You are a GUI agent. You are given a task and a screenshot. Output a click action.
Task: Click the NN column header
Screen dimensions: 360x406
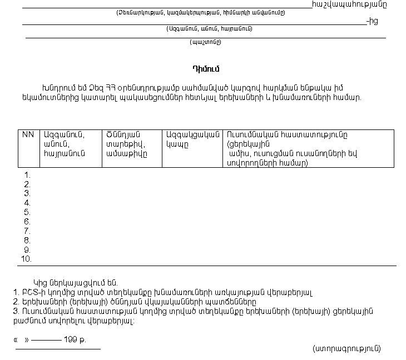pos(28,135)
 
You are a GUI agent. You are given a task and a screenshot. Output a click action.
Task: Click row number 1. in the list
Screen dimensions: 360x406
pos(27,175)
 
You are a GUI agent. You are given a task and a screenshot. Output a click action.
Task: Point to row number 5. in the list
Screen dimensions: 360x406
pos(27,212)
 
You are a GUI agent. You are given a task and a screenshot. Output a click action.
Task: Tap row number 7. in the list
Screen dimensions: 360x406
pos(27,231)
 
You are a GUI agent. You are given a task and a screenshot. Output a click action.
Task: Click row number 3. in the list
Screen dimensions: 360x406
pos(27,193)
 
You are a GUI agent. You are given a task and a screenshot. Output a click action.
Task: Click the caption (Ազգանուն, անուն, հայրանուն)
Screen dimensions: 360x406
pos(209,28)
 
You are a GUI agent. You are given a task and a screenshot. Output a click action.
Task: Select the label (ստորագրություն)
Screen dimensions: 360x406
pos(347,348)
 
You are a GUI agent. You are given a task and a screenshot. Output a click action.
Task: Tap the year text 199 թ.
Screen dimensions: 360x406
pos(75,338)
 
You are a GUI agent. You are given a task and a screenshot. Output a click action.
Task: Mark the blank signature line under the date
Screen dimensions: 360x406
pos(58,349)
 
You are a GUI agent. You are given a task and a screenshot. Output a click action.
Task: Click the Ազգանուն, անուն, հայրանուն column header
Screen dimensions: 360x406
pos(62,144)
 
